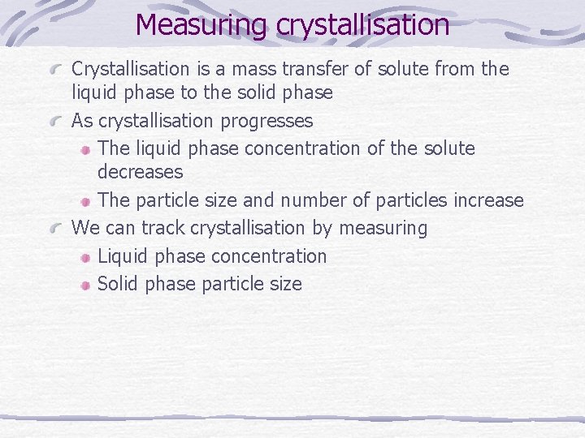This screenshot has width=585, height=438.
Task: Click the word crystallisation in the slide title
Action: (362, 24)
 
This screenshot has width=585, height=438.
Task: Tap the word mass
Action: (249, 69)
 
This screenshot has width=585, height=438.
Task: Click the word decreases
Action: (140, 172)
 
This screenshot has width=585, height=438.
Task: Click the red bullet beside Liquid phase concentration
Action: (85, 257)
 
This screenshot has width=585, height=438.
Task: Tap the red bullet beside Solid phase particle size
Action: (85, 285)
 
